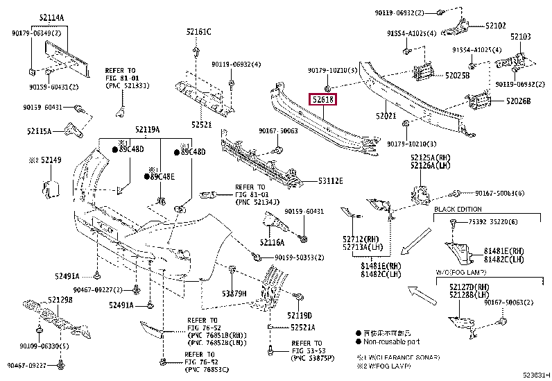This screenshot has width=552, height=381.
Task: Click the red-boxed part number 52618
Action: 322,100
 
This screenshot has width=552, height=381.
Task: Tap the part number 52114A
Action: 51,17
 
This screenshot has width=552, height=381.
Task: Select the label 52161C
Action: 198,32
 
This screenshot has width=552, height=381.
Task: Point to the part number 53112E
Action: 330,180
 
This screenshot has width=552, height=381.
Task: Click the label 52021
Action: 386,116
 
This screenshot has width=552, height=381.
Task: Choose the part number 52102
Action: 495,26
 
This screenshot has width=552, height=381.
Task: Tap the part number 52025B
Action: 458,75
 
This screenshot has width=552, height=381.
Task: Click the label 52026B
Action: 518,101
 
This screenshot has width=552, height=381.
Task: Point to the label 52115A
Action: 40,130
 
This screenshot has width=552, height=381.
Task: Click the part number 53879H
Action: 234,294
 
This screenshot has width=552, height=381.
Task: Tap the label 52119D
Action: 300,316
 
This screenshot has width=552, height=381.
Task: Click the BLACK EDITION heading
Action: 458,209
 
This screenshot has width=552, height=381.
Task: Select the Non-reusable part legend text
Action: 388,341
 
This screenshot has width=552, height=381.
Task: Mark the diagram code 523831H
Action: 535,374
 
